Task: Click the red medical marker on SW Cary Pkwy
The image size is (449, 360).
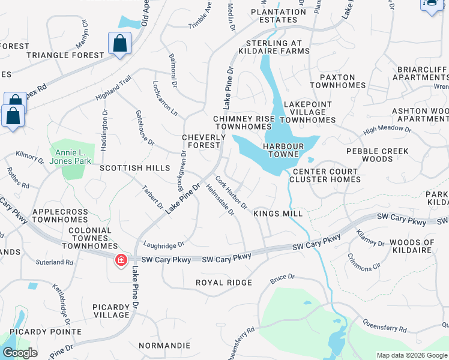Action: click(x=121, y=260)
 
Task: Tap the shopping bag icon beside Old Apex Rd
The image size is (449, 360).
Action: click(x=119, y=44)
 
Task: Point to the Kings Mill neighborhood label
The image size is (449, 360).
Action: click(x=277, y=213)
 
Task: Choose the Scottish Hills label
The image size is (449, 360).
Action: click(x=135, y=169)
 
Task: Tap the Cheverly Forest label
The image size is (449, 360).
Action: click(x=204, y=141)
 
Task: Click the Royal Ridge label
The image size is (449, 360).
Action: click(x=224, y=282)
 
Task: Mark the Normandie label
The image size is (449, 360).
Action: click(x=164, y=346)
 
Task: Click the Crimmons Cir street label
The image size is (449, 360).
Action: click(x=364, y=262)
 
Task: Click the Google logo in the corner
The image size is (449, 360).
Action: click(x=20, y=353)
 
